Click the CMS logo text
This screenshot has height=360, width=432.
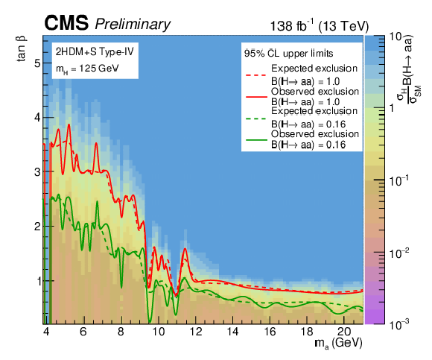66,23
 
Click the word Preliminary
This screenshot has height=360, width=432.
133,25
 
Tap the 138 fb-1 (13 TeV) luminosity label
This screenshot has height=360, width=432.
319,26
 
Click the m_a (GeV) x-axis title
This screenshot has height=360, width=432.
338,343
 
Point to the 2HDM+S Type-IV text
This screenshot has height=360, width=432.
95,51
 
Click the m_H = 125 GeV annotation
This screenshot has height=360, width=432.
87,68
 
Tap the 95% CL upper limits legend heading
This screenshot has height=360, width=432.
289,53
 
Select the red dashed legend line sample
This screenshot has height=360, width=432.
256,75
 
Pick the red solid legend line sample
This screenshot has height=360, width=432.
256,97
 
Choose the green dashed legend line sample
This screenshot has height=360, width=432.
256,119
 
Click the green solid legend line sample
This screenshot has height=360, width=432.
256,140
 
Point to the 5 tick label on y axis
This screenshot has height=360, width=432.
37,63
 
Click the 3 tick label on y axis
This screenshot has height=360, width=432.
37,171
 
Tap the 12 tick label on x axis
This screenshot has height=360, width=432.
195,331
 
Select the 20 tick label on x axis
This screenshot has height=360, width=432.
343,331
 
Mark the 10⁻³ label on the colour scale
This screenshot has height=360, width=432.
398,324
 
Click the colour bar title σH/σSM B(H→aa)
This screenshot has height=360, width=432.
409,69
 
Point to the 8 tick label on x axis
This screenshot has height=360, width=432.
121,331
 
